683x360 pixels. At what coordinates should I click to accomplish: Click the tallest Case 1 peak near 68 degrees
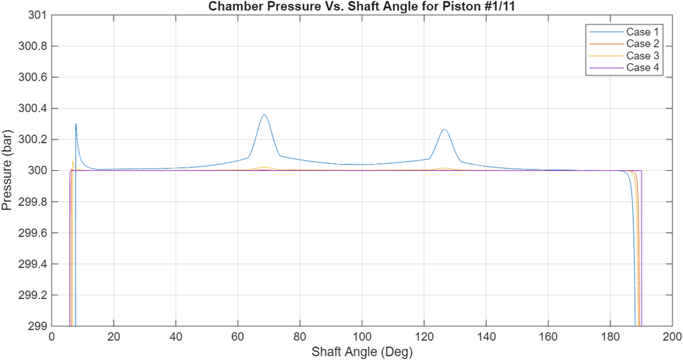coord(264,115)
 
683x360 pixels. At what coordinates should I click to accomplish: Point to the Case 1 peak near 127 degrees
coord(444,130)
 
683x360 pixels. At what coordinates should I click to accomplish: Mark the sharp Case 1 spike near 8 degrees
coord(76,124)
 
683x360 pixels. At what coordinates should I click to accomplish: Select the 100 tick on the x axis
coord(362,337)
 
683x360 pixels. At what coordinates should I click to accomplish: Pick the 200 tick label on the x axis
coord(672,337)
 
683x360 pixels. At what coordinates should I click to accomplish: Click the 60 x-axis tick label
coord(238,337)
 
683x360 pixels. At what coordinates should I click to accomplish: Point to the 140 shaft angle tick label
coord(486,337)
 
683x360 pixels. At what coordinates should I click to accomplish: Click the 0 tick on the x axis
coord(52,337)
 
